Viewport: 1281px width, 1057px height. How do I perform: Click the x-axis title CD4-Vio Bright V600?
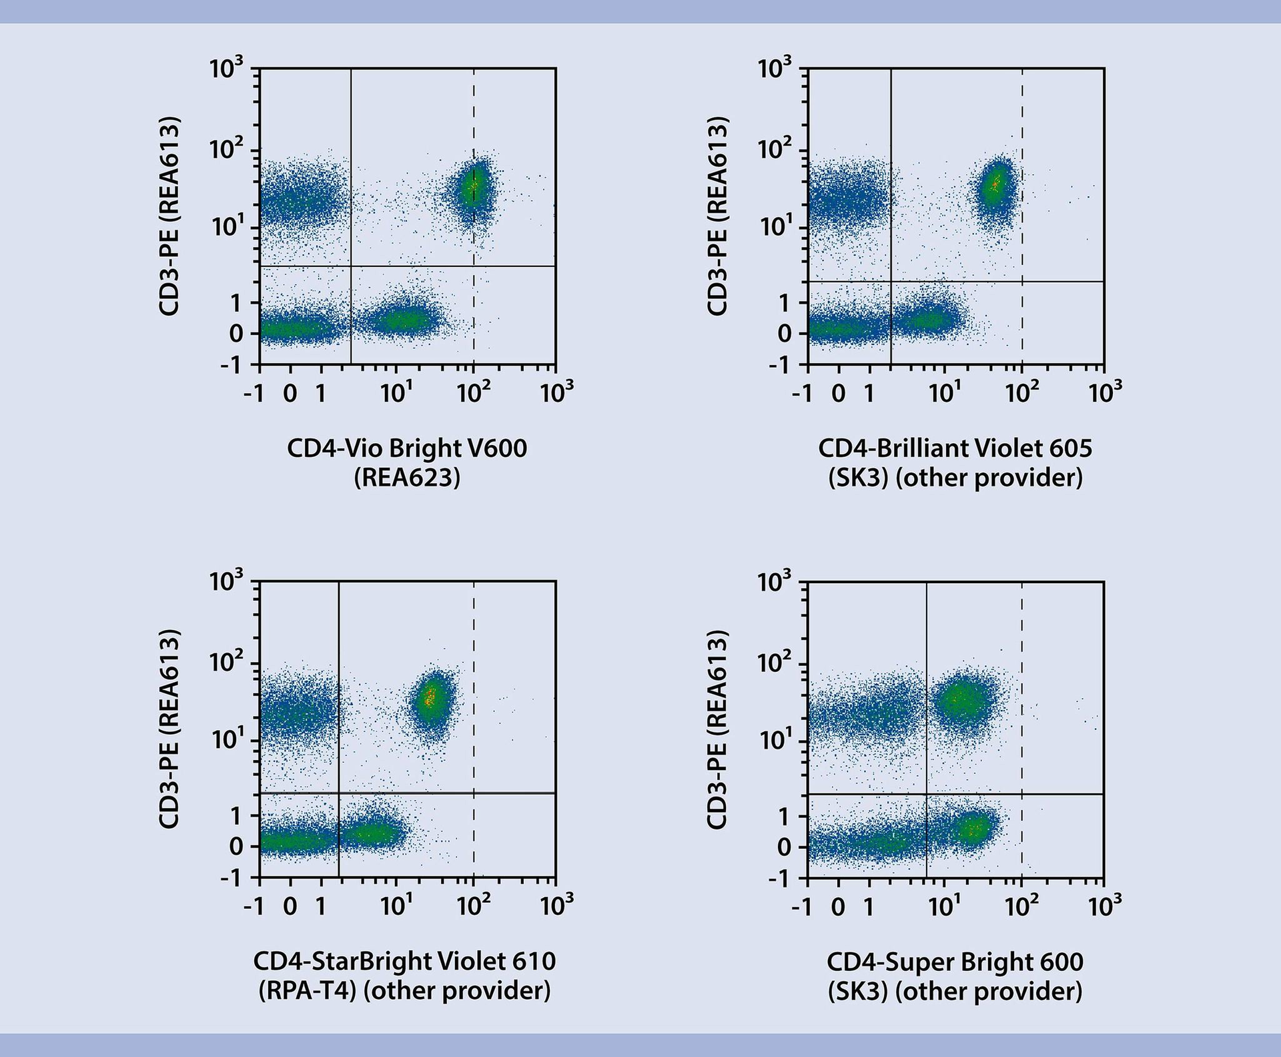pyautogui.click(x=407, y=448)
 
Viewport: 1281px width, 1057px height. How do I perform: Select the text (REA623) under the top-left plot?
pyautogui.click(x=407, y=478)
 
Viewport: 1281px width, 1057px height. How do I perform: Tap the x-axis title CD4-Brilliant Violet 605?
pyautogui.click(x=955, y=448)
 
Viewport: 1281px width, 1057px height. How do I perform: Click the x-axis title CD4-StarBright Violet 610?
pyautogui.click(x=404, y=961)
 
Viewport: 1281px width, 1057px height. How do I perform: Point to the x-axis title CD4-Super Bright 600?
pyautogui.click(x=955, y=962)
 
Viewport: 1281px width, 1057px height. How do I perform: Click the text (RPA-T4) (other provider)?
pyautogui.click(x=404, y=991)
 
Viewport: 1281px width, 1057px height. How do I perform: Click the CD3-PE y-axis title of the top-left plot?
pyautogui.click(x=169, y=216)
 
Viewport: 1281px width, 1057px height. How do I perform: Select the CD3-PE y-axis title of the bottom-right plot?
pyautogui.click(x=717, y=729)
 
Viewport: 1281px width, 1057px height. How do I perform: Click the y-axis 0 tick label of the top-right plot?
pyautogui.click(x=785, y=334)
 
